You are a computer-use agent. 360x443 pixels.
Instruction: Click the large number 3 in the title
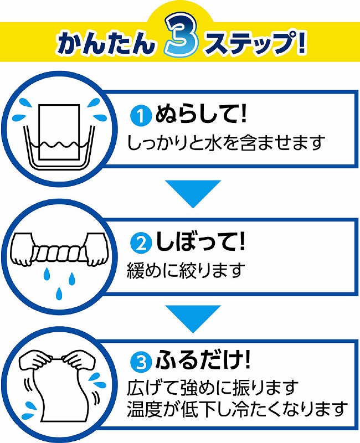(x=181, y=38)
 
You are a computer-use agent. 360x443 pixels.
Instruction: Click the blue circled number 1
(x=141, y=116)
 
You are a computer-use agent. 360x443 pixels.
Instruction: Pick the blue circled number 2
(x=141, y=244)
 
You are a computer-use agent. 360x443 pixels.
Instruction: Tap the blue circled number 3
(x=141, y=362)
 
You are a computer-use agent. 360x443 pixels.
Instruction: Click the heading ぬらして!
(x=200, y=114)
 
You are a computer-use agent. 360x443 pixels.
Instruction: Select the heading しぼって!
(x=200, y=242)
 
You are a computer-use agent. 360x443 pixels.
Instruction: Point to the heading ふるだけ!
(x=203, y=360)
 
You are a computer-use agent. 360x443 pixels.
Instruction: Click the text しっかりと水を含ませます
(x=225, y=143)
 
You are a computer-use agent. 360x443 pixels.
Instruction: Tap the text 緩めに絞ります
(x=186, y=270)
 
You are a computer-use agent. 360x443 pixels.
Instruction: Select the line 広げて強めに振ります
(x=212, y=388)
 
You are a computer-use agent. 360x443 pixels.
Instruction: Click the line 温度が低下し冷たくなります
(x=237, y=409)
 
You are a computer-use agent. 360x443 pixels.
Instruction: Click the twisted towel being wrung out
(x=59, y=253)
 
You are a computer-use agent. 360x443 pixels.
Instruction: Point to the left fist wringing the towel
(x=24, y=249)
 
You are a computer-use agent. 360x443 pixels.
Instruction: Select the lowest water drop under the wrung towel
(x=59, y=294)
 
